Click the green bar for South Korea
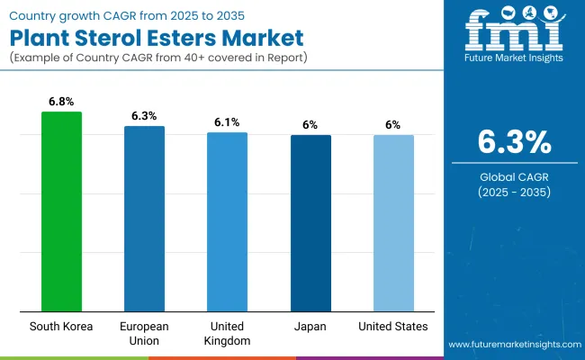point(62,211)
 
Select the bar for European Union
point(144,219)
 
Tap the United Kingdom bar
point(227,221)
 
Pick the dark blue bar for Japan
point(310,223)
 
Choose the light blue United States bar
point(393,223)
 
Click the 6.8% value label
point(62,102)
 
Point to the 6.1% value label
point(227,121)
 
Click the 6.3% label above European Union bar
point(144,115)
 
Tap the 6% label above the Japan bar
point(310,125)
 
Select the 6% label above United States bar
point(393,125)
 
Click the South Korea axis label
point(62,326)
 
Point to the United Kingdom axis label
point(227,333)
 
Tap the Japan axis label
point(310,326)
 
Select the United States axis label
point(393,326)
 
